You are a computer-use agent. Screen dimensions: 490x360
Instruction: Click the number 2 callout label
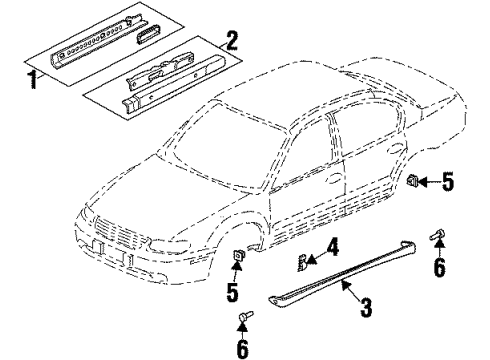pos(232,42)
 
